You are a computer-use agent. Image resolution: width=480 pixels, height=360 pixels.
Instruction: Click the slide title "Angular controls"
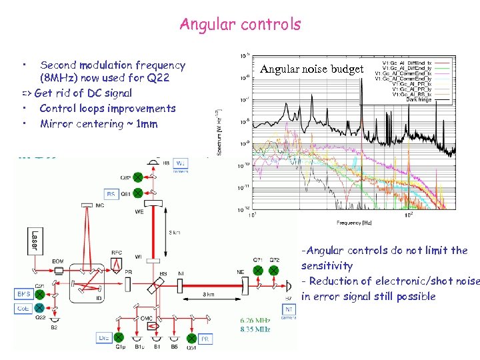[x=240, y=25]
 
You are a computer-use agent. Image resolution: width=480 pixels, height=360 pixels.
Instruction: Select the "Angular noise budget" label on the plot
[x=312, y=69]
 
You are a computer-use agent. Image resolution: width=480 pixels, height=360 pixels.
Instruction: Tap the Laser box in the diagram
[x=33, y=241]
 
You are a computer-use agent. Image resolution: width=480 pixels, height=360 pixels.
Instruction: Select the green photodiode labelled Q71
[x=257, y=271]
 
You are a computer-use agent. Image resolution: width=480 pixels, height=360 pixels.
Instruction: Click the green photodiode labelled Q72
[x=274, y=271]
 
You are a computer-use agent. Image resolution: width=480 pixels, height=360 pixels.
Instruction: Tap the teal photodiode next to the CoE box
[x=40, y=308]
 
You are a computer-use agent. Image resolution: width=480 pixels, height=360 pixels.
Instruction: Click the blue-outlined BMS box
[x=24, y=293]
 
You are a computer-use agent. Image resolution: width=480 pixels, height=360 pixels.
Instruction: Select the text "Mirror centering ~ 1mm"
[x=99, y=124]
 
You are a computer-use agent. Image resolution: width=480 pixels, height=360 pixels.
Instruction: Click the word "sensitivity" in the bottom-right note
[x=327, y=265]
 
